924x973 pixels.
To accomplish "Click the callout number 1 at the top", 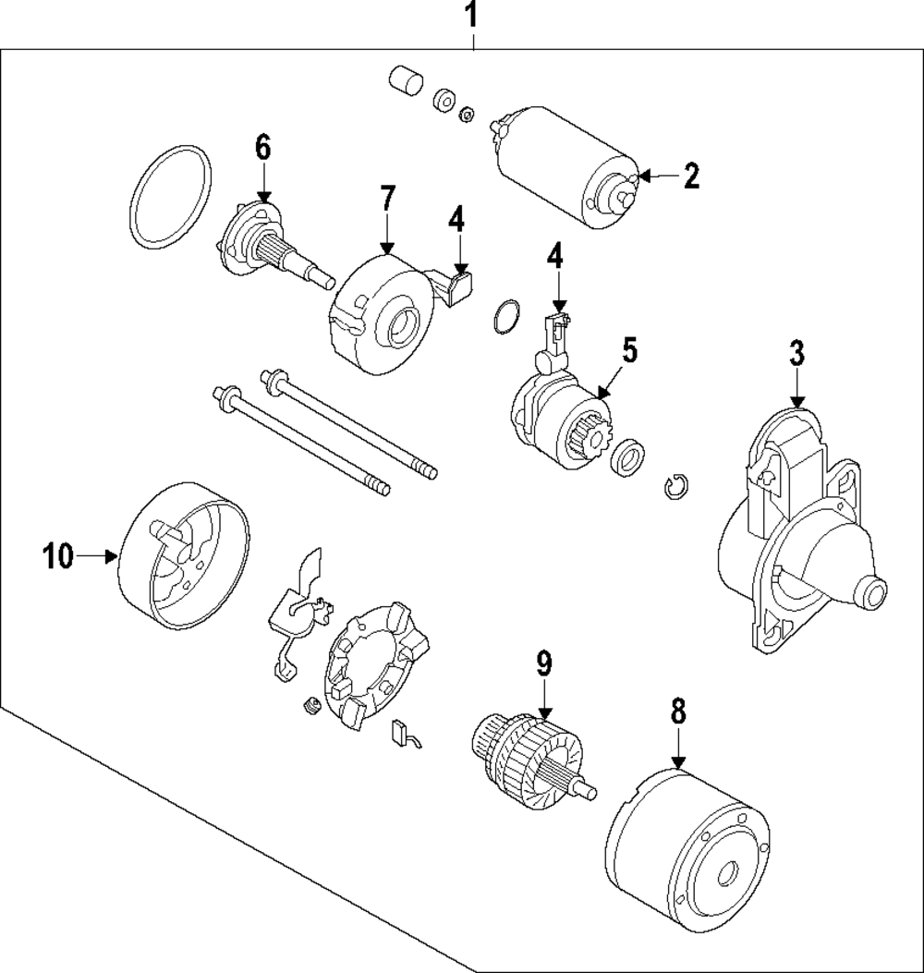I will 471,16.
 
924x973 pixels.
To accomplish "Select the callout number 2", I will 690,176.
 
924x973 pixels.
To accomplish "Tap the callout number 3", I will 796,353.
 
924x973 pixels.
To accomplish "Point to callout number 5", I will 629,350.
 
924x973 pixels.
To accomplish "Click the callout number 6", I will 263,147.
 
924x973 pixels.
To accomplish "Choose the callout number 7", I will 387,199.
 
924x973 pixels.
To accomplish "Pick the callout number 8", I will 678,711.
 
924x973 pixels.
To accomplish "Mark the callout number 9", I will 544,662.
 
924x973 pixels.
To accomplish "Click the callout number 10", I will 56,556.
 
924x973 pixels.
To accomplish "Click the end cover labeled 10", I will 185,554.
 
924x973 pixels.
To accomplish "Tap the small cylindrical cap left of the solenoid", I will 405,80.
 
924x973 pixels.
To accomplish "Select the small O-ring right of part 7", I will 504,316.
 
